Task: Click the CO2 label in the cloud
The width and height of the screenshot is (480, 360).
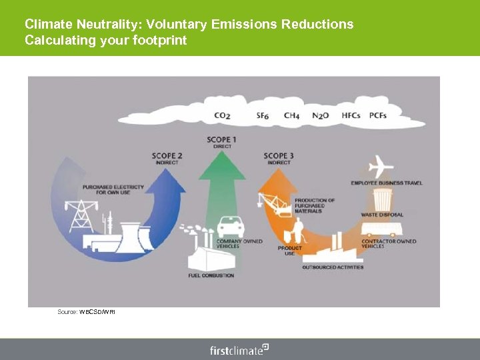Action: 222,115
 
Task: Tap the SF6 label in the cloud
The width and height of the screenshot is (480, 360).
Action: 263,115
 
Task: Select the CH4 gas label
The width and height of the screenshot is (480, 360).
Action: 291,115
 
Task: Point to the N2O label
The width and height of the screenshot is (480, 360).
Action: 320,115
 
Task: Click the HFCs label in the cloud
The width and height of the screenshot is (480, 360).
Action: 351,115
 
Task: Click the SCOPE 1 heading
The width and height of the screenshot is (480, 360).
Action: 222,140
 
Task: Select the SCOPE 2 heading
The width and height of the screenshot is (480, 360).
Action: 167,156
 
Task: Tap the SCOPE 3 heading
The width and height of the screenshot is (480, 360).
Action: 279,156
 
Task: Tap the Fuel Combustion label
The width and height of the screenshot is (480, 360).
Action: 211,275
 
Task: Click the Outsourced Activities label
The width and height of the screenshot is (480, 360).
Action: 333,267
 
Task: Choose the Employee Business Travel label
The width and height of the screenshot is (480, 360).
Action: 387,183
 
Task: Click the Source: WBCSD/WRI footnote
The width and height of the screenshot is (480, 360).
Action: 86,311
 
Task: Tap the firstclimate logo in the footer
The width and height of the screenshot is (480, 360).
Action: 239,349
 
